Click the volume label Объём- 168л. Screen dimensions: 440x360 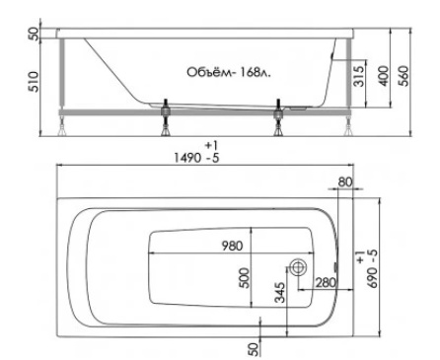[x=229, y=72]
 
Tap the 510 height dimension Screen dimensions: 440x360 [x=34, y=82]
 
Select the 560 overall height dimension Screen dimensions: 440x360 [x=404, y=76]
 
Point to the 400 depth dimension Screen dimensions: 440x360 [x=384, y=76]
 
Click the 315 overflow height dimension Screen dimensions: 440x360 [x=359, y=77]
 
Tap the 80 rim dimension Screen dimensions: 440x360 [x=345, y=181]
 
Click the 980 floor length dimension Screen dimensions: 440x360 [x=232, y=246]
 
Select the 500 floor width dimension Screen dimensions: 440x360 [x=245, y=278]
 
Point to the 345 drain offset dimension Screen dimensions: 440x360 [x=280, y=292]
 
